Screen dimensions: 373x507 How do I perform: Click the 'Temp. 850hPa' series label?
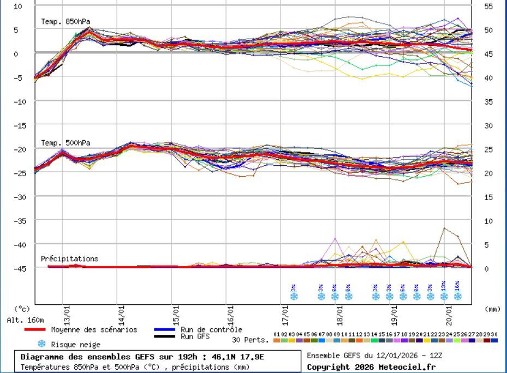tap(65, 22)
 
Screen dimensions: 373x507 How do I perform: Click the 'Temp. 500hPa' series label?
tap(65, 143)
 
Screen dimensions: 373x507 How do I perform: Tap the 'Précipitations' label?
tap(69, 258)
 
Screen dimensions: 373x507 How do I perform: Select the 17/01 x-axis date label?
tap(285, 315)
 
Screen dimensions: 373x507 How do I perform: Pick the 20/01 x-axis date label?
tap(449, 315)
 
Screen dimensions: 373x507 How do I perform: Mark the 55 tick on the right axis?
tap(488, 6)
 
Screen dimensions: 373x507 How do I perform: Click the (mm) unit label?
tap(492, 309)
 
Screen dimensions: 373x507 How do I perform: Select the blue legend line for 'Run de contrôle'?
tap(164, 329)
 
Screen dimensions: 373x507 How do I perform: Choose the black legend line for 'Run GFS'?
tap(164, 336)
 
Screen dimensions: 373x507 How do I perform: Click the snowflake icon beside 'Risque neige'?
tap(41, 344)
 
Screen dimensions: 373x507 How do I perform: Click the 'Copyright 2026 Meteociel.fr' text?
tap(371, 367)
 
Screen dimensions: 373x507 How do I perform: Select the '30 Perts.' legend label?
tap(250, 340)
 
